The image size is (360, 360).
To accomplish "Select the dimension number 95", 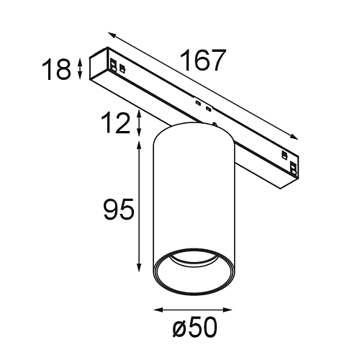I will coord(117,211).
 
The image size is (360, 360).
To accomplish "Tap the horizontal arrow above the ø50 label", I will coord(194,310).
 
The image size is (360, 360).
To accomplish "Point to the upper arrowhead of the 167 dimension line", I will coord(112,33).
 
